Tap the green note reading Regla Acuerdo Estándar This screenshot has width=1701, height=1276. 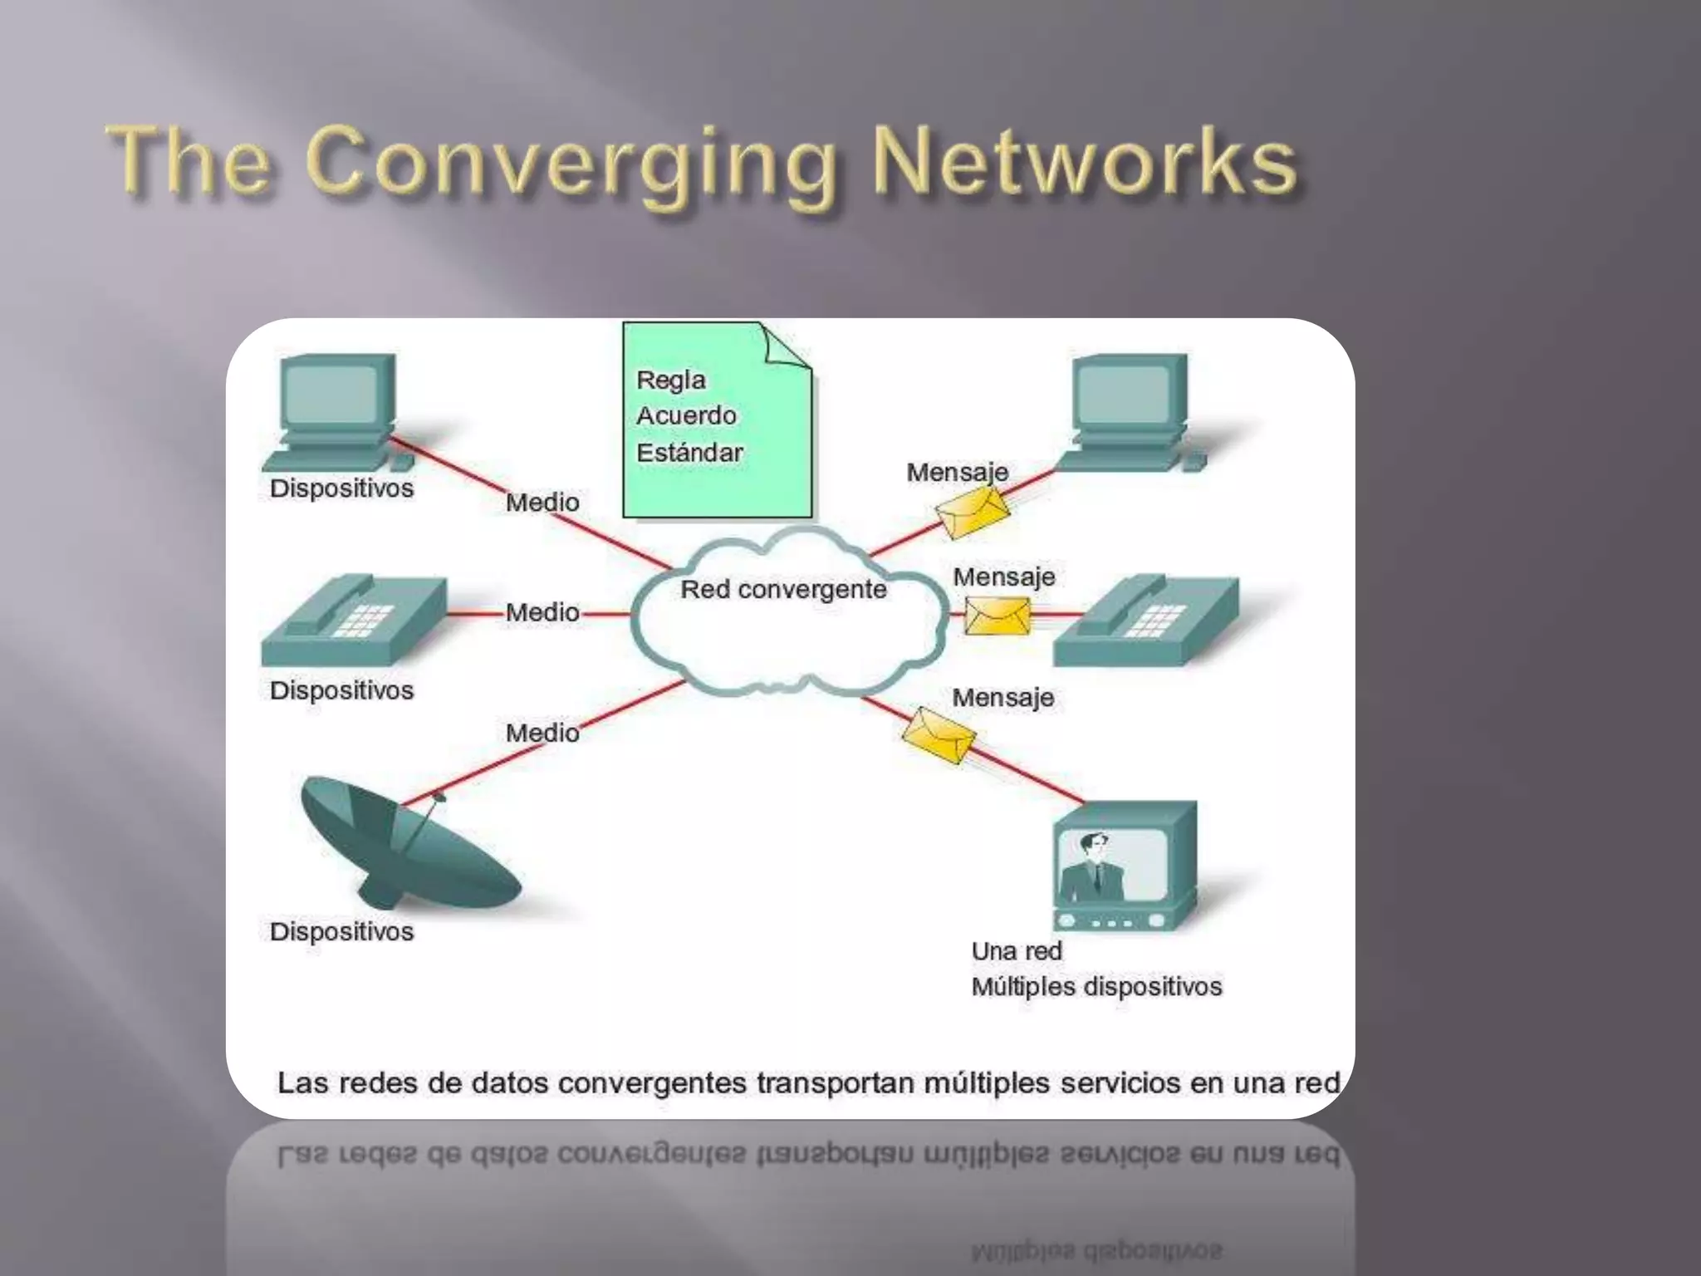pos(716,420)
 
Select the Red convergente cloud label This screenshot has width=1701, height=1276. pos(783,590)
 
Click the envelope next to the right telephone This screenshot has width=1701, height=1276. pos(997,616)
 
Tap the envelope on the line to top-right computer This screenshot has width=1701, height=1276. pos(973,513)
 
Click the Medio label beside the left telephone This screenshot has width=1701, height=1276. pos(542,613)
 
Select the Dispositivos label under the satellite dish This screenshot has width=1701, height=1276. pos(341,932)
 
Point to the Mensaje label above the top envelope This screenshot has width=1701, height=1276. pos(957,473)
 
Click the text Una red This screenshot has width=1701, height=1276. pos(1017,951)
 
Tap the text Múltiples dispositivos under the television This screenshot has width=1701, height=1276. pos(1096,987)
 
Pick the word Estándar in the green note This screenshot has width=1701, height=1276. pos(689,453)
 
